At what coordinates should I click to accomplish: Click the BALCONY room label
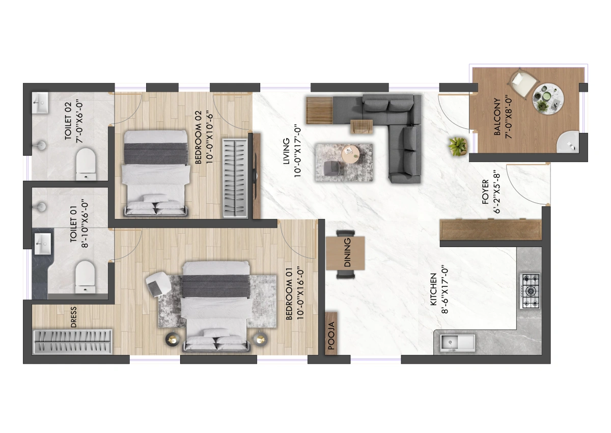pos(497,117)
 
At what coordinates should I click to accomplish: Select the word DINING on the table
pos(347,252)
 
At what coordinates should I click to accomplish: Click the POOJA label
pos(331,336)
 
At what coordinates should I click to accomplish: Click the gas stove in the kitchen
pos(530,291)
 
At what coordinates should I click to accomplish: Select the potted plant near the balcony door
pos(458,147)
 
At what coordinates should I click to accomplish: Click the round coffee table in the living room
pos(351,154)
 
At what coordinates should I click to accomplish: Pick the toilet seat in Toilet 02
pos(86,164)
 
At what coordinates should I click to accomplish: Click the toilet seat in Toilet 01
pos(86,277)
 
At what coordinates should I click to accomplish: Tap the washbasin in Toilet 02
pos(40,102)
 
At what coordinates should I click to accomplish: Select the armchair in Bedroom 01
pos(158,284)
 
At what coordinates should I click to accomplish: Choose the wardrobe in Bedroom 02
pos(235,178)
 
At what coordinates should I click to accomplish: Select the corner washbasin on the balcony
pos(568,142)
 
